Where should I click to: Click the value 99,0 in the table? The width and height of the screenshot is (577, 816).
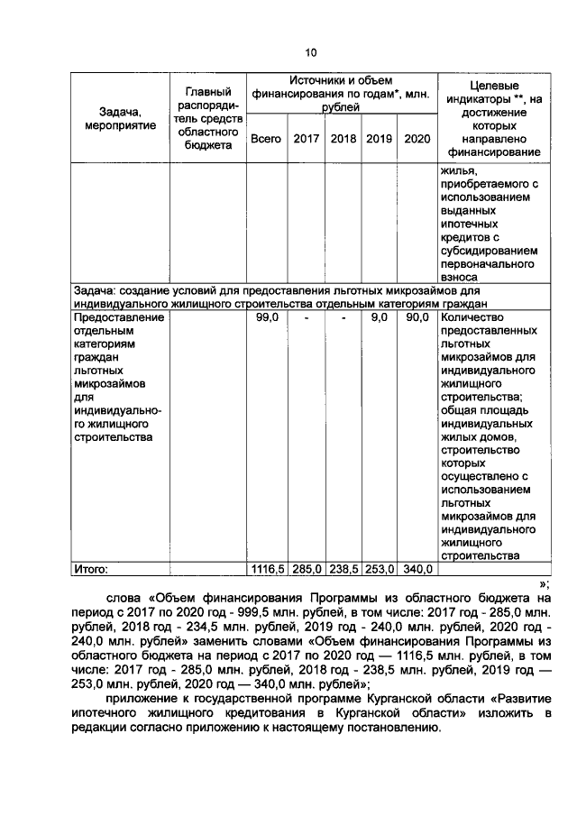click(x=266, y=318)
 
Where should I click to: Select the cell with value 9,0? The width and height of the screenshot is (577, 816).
click(x=380, y=318)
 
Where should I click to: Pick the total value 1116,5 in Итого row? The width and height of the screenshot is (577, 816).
click(x=267, y=569)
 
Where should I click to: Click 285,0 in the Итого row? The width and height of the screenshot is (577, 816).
click(x=307, y=569)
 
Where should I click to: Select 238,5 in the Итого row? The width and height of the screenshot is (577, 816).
click(x=343, y=569)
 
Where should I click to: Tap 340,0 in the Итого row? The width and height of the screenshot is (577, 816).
click(x=417, y=569)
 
